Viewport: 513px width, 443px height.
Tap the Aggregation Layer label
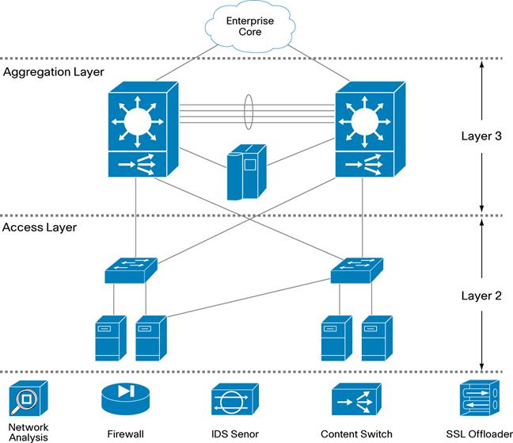[x=54, y=72]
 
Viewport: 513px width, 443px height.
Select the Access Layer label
[x=40, y=227]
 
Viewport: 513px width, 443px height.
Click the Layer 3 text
[x=481, y=136]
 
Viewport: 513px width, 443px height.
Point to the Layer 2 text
[x=481, y=296]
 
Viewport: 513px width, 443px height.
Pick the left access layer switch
[x=131, y=271]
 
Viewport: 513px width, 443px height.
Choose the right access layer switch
[x=357, y=271]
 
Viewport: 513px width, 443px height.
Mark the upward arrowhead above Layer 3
[x=481, y=69]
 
